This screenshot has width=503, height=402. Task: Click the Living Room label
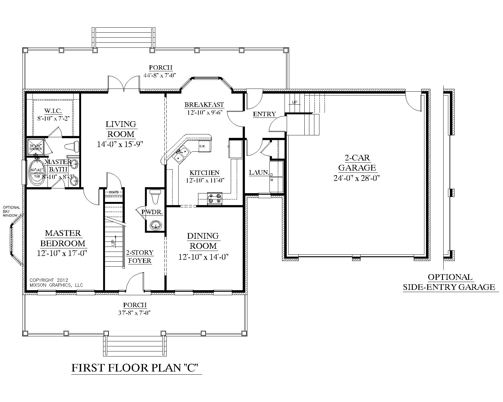[121, 129]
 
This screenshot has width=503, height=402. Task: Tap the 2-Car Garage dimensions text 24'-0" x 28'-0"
[357, 178]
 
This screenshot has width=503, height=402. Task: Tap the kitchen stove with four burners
[215, 198]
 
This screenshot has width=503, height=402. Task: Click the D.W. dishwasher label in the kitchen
[202, 146]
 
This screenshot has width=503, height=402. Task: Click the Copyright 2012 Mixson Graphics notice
[56, 282]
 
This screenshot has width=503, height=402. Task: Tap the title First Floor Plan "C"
[136, 368]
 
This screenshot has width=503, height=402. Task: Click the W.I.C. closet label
[53, 111]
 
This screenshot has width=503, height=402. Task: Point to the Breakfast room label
[204, 105]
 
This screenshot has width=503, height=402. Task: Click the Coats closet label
[113, 192]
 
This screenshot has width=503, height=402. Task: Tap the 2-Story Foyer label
[140, 257]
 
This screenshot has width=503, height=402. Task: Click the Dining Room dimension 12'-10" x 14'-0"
[203, 257]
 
